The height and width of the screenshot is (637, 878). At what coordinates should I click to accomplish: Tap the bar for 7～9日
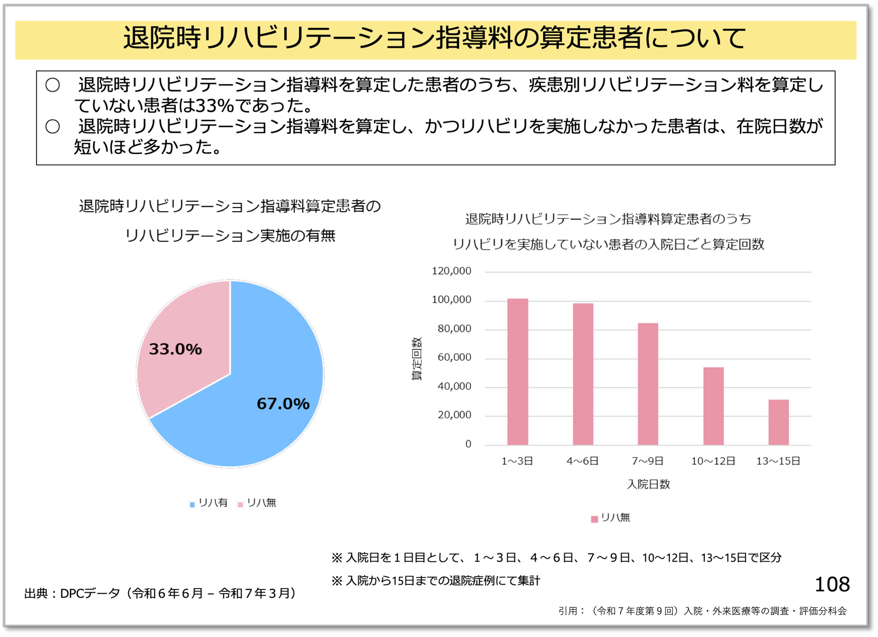click(x=648, y=384)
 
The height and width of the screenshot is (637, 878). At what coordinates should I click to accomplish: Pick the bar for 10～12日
click(x=713, y=406)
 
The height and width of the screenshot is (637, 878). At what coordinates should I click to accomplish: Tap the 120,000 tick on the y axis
click(x=451, y=271)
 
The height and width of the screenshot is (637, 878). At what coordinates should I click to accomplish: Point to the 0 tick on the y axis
click(x=468, y=444)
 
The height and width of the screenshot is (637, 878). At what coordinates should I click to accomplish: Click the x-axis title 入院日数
click(x=648, y=484)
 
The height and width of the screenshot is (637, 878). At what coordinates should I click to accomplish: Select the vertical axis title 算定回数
click(x=417, y=359)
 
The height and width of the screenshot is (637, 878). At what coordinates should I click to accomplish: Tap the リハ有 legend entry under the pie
click(x=209, y=503)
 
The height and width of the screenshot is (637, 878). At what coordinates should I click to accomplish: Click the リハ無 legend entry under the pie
click(x=258, y=503)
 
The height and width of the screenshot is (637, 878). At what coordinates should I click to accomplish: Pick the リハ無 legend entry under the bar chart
click(x=611, y=518)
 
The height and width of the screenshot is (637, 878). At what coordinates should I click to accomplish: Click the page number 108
click(x=832, y=584)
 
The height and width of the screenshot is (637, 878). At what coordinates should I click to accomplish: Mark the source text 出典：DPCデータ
click(x=72, y=593)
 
